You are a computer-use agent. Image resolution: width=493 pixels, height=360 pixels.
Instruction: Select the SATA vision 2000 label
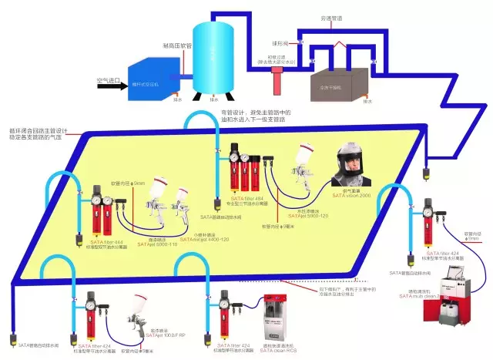(350, 197)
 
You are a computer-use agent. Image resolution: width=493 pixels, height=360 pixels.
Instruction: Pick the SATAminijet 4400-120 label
(203, 240)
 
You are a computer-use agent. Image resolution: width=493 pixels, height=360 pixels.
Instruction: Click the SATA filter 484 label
(244, 199)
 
